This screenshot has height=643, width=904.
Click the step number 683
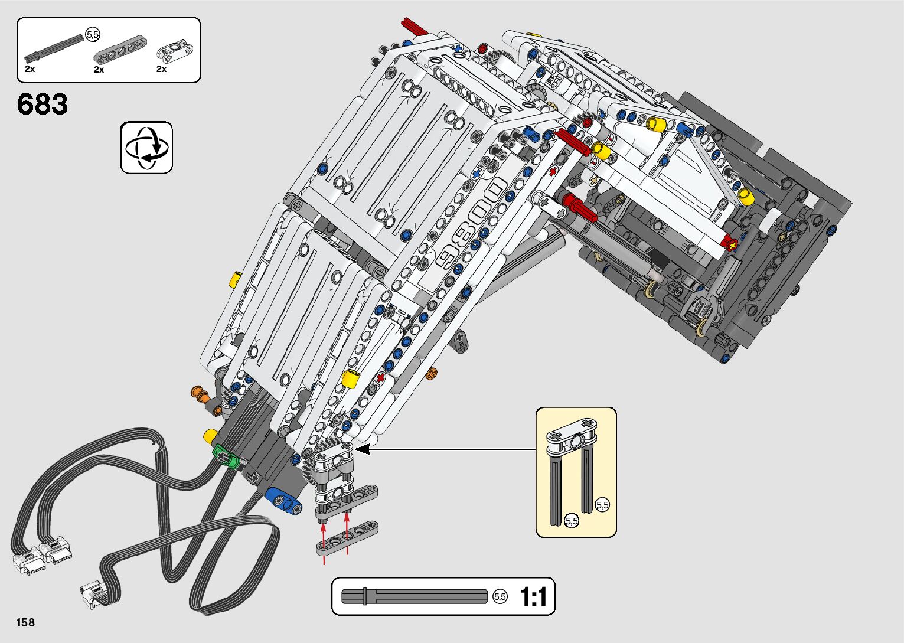[x=43, y=105]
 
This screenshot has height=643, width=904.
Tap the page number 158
[x=26, y=622]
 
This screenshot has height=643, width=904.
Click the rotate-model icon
[x=146, y=148]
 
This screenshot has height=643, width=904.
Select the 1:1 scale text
[x=534, y=597]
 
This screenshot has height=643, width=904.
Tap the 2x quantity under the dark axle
[x=30, y=69]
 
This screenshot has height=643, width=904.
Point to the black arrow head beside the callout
[x=361, y=450]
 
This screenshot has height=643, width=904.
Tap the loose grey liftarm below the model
[x=347, y=538]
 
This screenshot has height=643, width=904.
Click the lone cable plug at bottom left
[x=93, y=593]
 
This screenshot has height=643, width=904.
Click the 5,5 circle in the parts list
[x=93, y=35]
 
